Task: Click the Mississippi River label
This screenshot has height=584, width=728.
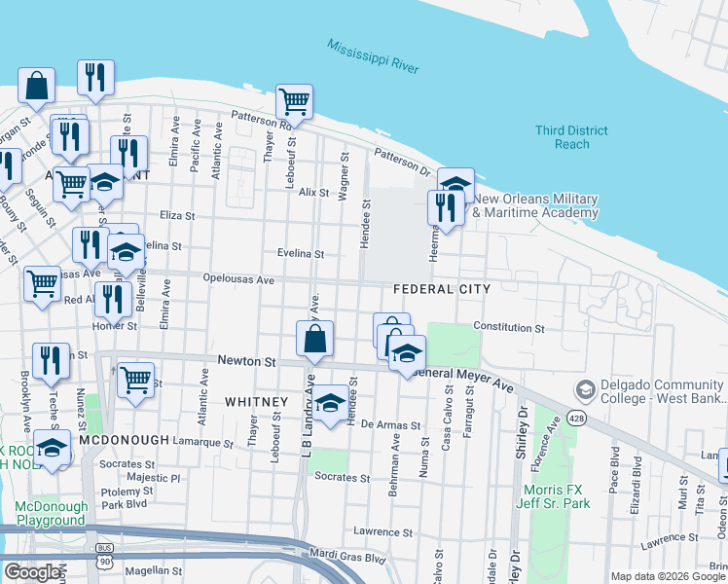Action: pyautogui.click(x=373, y=57)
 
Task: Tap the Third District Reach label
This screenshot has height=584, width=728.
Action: pyautogui.click(x=571, y=137)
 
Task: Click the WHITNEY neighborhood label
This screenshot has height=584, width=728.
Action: pyautogui.click(x=256, y=402)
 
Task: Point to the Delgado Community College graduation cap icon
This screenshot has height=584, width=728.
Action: pyautogui.click(x=585, y=390)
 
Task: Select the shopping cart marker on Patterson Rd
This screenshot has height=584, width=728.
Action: pyautogui.click(x=294, y=101)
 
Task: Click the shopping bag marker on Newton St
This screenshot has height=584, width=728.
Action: pyautogui.click(x=315, y=340)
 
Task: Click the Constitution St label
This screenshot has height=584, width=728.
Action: pyautogui.click(x=508, y=328)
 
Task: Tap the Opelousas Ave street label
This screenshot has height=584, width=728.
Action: pyautogui.click(x=238, y=278)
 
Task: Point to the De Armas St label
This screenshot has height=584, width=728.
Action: pyautogui.click(x=390, y=425)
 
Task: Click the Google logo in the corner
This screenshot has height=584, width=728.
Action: pyautogui.click(x=32, y=572)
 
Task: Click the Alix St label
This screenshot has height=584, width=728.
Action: pyautogui.click(x=313, y=193)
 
